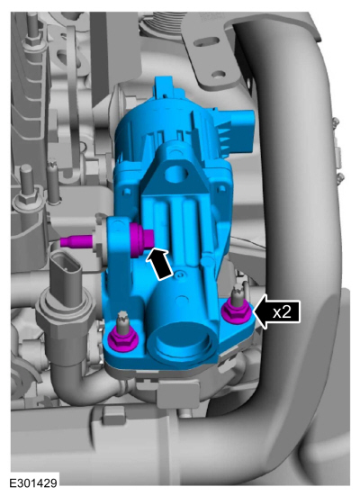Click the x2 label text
point(282,312)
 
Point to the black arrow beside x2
point(276,312)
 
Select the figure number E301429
point(33,483)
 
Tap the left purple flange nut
point(121,341)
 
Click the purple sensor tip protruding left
point(76,241)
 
